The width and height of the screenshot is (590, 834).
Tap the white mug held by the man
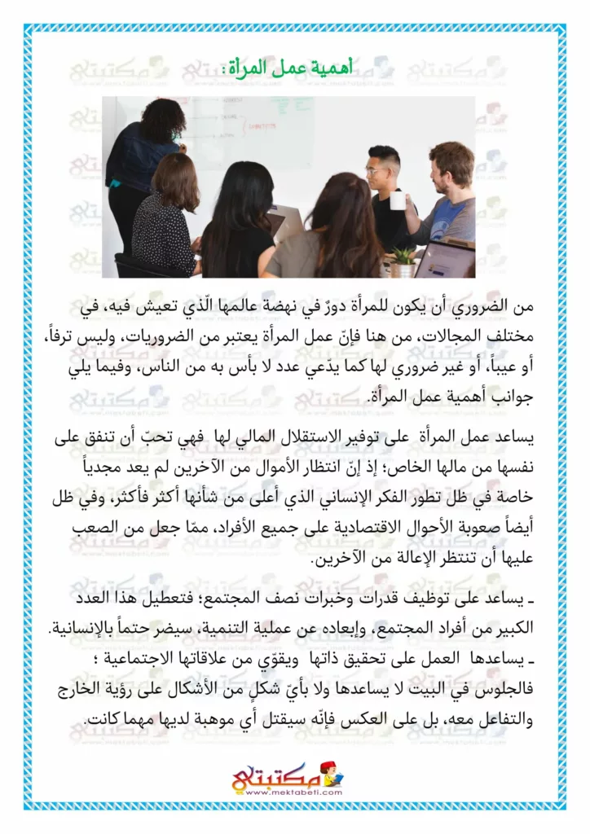click(x=398, y=200)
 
